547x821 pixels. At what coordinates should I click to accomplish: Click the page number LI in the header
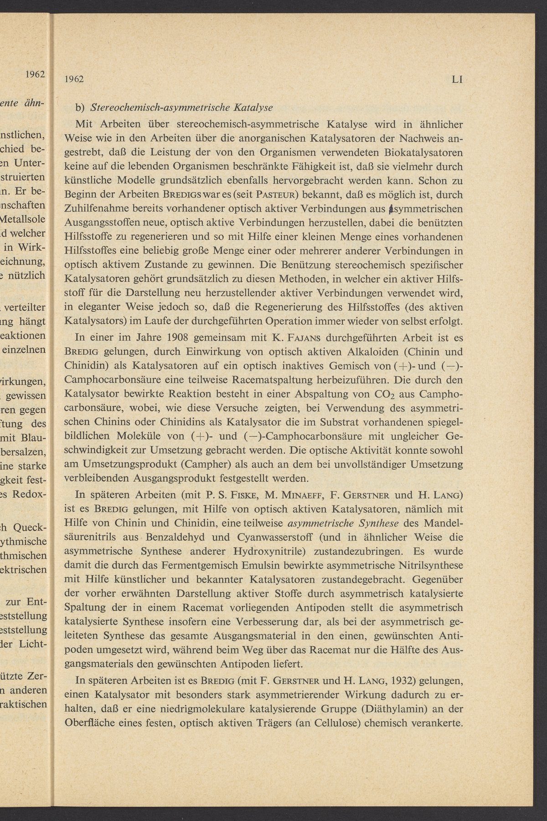pos(457,79)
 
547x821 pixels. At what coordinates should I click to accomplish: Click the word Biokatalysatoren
pos(417,151)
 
